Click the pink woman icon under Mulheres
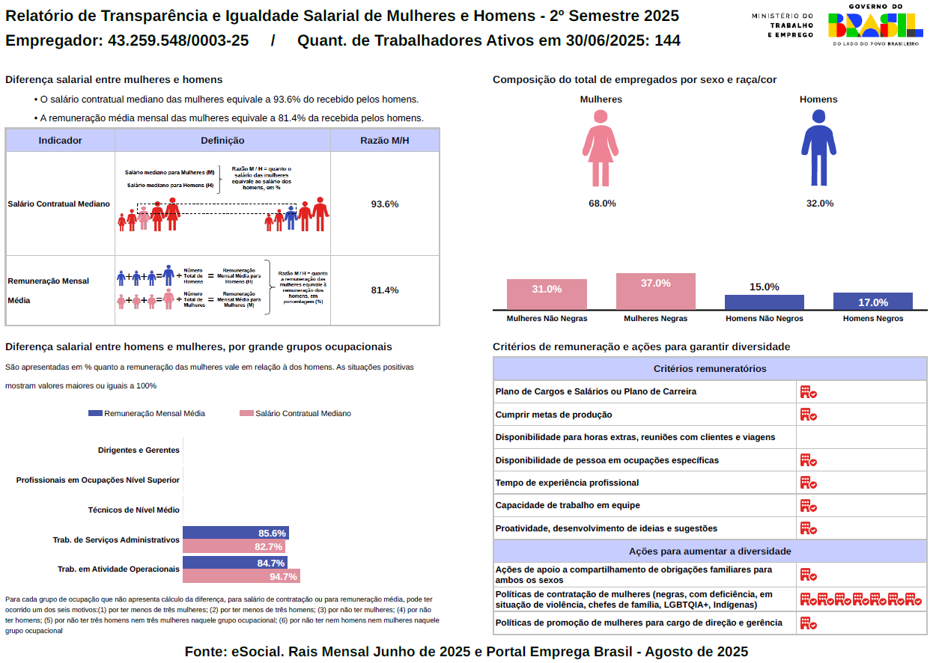pos(601,148)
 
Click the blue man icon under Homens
pos(818,148)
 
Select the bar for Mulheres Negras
pos(655,291)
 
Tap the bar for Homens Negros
pos(872,301)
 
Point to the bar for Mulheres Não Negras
pos(547,294)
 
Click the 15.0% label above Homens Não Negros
pos(764,287)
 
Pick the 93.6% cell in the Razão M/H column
pos(385,204)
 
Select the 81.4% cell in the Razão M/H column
pos(385,290)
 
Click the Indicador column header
pos(60,140)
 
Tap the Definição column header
pos(222,140)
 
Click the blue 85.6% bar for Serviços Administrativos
pos(235,533)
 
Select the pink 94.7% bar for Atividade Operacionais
pos(240,576)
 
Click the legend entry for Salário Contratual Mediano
pos(295,413)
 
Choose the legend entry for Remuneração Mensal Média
pos(147,413)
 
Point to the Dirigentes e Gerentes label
pos(139,450)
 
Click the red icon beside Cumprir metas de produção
pos(808,415)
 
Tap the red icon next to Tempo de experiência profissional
pos(808,483)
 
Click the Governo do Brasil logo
pos(875,25)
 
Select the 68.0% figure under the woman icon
pos(602,204)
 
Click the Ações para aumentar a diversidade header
pos(709,551)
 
